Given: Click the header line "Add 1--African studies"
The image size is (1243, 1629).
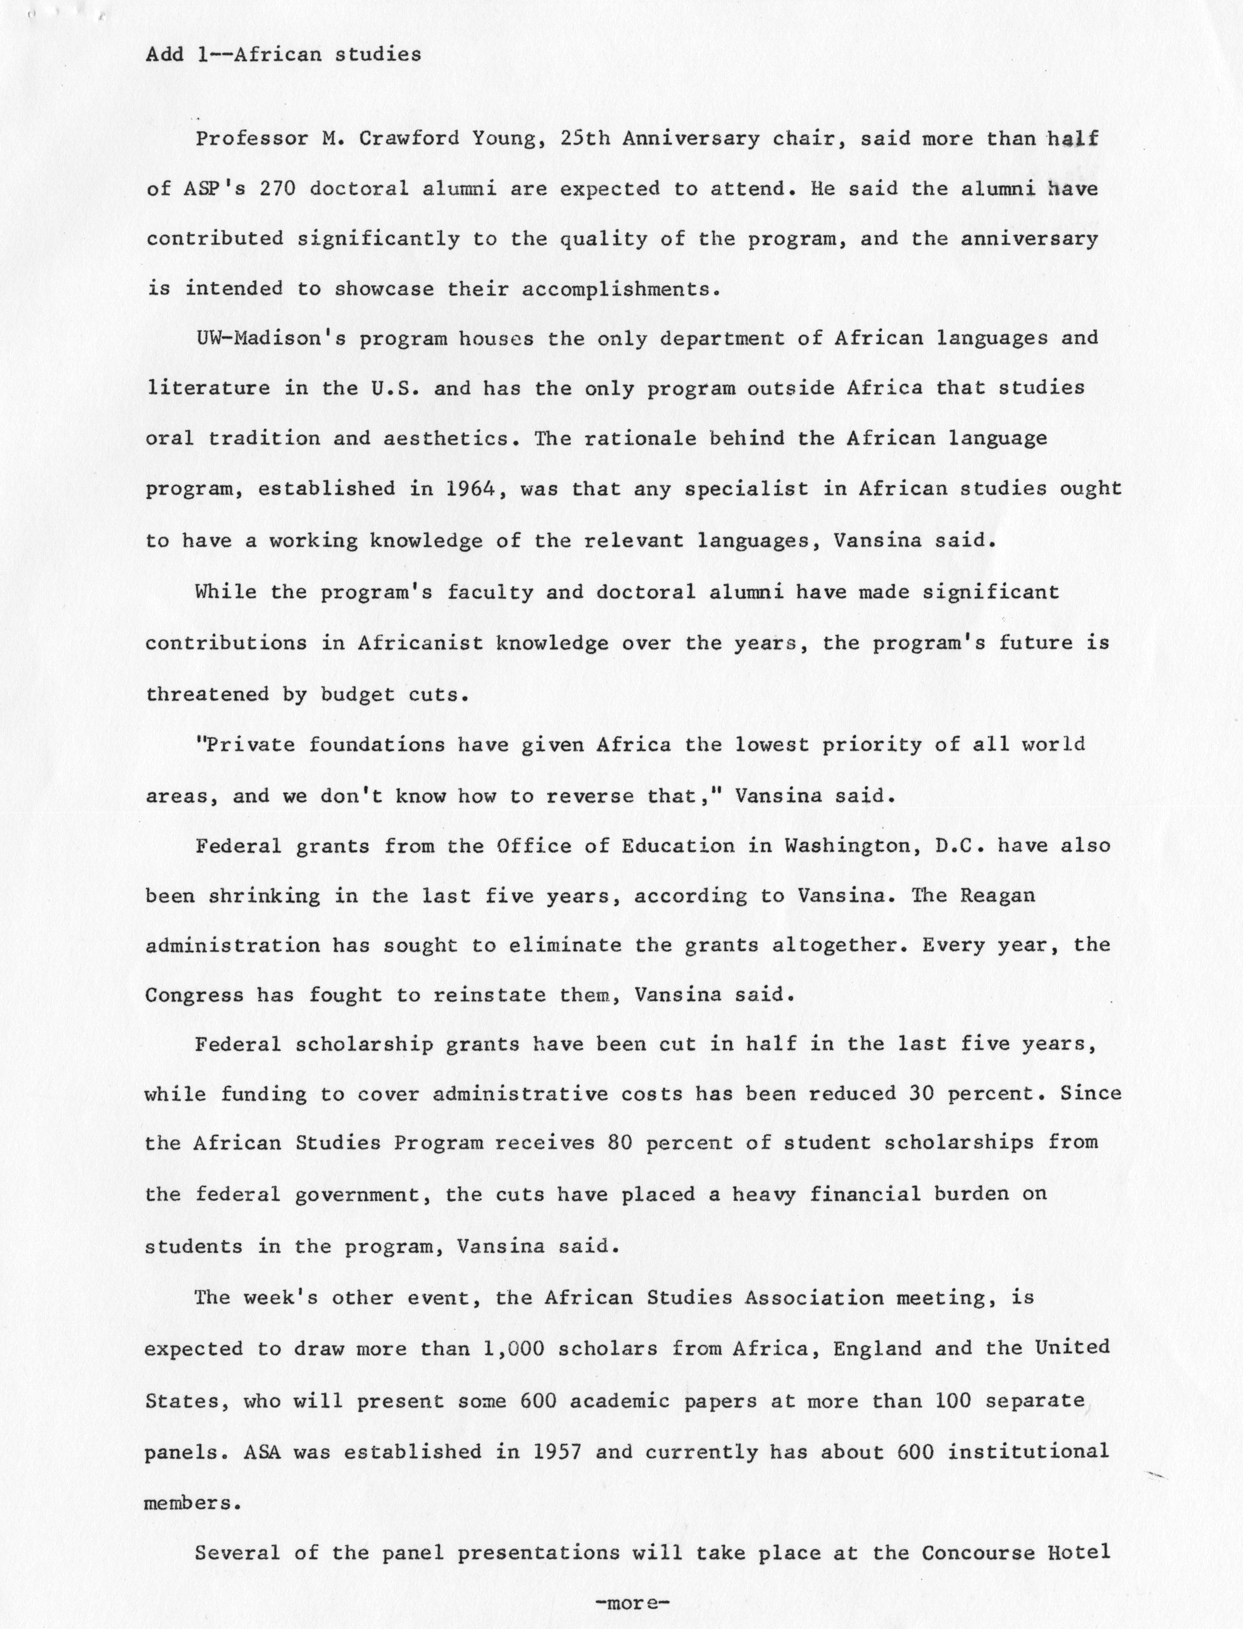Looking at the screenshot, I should click(284, 55).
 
